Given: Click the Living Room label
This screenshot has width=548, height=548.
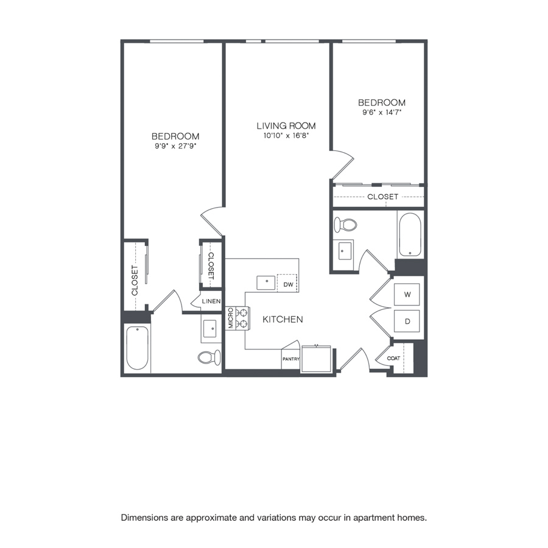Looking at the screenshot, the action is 286,126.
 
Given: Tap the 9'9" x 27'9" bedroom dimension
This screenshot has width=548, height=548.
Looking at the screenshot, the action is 176,146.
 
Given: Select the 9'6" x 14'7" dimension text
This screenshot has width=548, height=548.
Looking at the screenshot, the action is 382,113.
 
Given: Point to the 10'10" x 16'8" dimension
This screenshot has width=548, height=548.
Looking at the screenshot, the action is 286,136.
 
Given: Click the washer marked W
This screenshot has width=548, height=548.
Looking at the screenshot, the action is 407,294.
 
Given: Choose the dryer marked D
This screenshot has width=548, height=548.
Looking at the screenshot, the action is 407,321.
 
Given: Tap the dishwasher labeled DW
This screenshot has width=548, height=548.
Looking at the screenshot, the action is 287,284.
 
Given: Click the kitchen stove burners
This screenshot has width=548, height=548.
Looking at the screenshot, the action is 242,318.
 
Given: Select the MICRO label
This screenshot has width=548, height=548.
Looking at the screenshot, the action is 231,318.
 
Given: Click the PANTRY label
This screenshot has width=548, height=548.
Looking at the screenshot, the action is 291,359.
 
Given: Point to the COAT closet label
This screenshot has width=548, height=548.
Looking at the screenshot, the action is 393,358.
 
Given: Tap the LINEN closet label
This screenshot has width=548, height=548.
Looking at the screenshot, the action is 211,301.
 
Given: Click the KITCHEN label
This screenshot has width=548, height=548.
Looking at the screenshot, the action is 283,320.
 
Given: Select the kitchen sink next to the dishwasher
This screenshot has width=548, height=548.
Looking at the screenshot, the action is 266,283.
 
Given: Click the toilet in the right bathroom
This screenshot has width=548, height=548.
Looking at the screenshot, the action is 345,224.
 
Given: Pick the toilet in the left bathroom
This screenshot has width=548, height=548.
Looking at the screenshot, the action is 209,357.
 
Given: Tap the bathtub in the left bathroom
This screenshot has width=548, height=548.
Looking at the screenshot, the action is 138,348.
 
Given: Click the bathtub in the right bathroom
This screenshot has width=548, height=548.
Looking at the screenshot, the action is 410,234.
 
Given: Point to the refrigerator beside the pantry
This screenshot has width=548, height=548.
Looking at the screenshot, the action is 316,359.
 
